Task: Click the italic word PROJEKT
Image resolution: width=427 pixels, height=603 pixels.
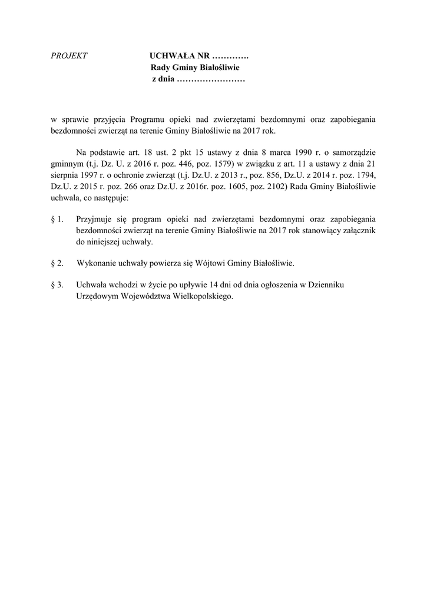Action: (69, 56)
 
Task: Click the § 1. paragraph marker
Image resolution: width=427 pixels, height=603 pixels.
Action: (58, 220)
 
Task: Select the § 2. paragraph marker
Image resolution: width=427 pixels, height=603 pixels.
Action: (58, 262)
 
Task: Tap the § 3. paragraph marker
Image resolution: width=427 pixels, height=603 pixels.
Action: (58, 285)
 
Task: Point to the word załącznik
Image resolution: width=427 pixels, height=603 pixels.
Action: (356, 231)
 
